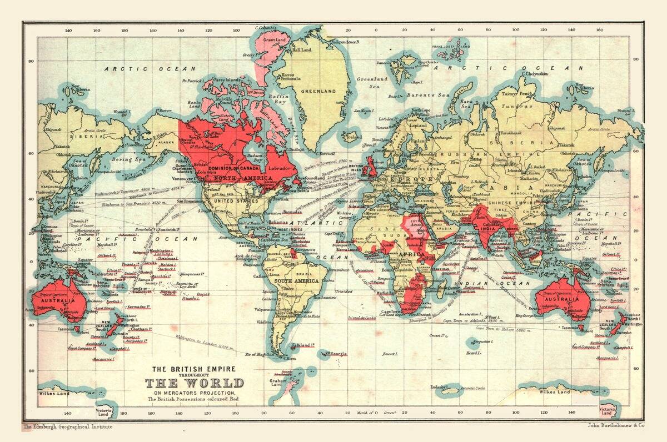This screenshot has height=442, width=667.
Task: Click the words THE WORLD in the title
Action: click(x=194, y=383)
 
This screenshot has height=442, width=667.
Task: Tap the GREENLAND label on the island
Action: click(x=318, y=91)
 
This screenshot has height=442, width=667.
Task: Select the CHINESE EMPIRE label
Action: click(x=507, y=203)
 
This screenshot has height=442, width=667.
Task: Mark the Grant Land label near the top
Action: click(x=274, y=41)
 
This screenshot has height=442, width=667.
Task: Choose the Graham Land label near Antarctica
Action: click(x=278, y=383)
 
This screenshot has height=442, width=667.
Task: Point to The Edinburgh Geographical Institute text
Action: click(x=67, y=427)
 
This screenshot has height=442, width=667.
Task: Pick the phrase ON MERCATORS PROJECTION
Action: click(x=194, y=393)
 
